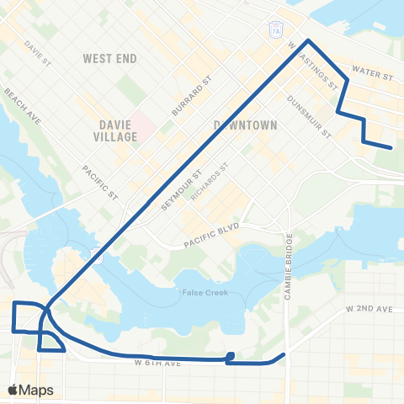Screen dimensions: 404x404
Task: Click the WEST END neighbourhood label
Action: coord(109,59)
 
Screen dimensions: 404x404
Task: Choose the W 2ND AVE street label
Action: coord(369,310)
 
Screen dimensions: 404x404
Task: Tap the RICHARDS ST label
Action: coord(210,183)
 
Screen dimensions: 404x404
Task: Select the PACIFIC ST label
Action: coord(99,181)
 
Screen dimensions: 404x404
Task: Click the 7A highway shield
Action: coord(276,29)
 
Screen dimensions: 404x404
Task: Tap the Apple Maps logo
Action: coord(30,390)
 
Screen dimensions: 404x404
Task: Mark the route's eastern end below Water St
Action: coord(391,148)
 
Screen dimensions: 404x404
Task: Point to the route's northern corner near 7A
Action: coord(308,40)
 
